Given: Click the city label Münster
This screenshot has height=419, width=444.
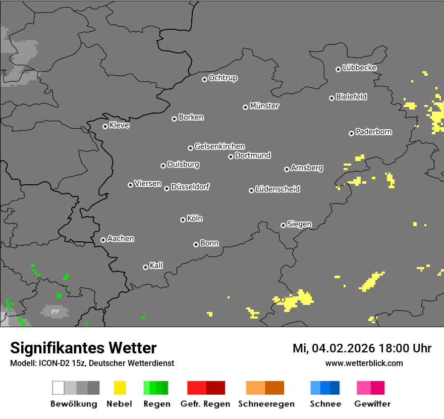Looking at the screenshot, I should click(x=264, y=106).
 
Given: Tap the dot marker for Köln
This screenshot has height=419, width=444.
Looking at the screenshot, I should click(x=183, y=220).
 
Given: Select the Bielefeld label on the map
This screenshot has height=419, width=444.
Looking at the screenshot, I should click(x=352, y=97).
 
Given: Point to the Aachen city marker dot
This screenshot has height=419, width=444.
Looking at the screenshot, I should click(x=103, y=240).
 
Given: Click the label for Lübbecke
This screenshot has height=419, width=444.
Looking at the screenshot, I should click(x=360, y=68).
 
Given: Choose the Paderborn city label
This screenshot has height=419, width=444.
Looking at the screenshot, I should click(x=374, y=132).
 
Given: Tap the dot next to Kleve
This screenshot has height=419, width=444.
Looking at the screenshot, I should click(x=105, y=126).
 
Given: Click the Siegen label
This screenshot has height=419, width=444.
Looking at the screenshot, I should click(x=299, y=224).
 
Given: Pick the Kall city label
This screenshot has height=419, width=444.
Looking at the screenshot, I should click(x=156, y=266).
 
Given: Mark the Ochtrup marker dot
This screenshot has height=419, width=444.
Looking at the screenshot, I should click(x=204, y=79).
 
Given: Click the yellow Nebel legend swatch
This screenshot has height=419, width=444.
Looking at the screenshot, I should click(x=119, y=388).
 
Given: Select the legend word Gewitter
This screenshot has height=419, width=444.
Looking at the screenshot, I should click(x=372, y=404).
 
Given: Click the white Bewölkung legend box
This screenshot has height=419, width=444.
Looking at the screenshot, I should click(x=59, y=388).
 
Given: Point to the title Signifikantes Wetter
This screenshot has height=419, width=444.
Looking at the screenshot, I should click(x=83, y=348).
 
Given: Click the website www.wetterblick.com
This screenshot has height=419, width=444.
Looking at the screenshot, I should click(x=364, y=363).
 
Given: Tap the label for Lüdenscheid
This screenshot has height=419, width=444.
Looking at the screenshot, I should click(x=277, y=189).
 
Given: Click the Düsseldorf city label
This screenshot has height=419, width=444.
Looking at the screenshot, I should click(x=190, y=187).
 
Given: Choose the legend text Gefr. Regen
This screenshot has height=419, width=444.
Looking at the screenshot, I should click(x=205, y=404).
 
